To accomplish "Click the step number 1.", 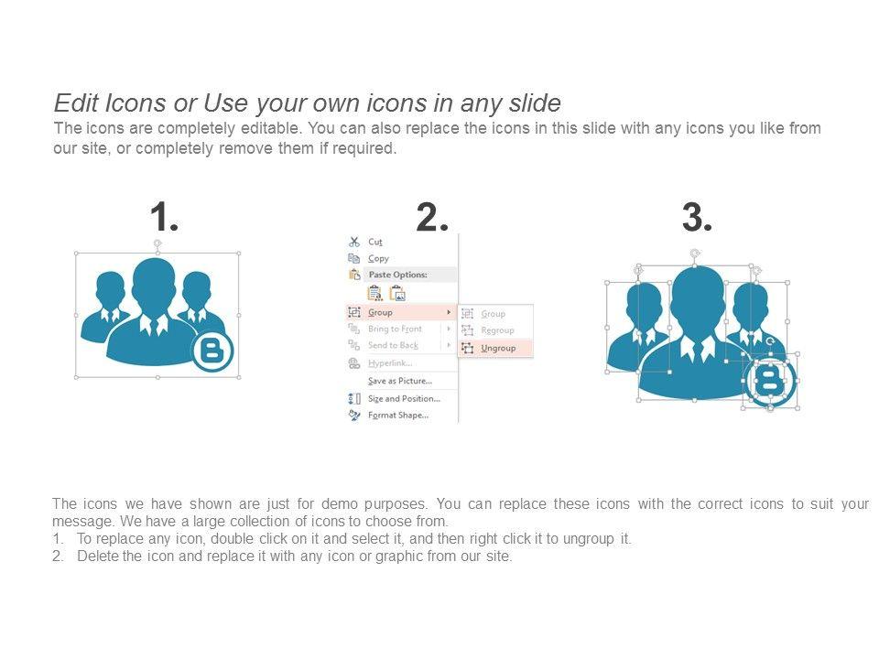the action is tap(164, 217).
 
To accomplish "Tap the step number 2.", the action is tap(432, 217).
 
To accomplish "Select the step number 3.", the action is tap(697, 217).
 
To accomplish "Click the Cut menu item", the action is tap(375, 242).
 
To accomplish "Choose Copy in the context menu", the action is tap(378, 258).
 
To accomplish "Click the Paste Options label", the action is tap(398, 275).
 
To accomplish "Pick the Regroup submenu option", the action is tap(498, 330).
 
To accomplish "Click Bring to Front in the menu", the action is tap(395, 329).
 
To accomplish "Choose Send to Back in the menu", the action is tap(393, 345).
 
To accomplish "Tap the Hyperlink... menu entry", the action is tap(390, 363).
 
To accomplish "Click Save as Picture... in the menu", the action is tap(400, 381).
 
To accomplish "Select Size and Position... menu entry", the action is tap(404, 399).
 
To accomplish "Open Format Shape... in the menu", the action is tap(398, 416).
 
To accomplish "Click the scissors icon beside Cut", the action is tap(353, 242).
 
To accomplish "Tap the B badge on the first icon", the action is tap(212, 351).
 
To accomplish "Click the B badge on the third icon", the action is tap(770, 381).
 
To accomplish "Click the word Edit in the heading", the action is tap(76, 103).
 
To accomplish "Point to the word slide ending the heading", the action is tap(535, 103).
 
